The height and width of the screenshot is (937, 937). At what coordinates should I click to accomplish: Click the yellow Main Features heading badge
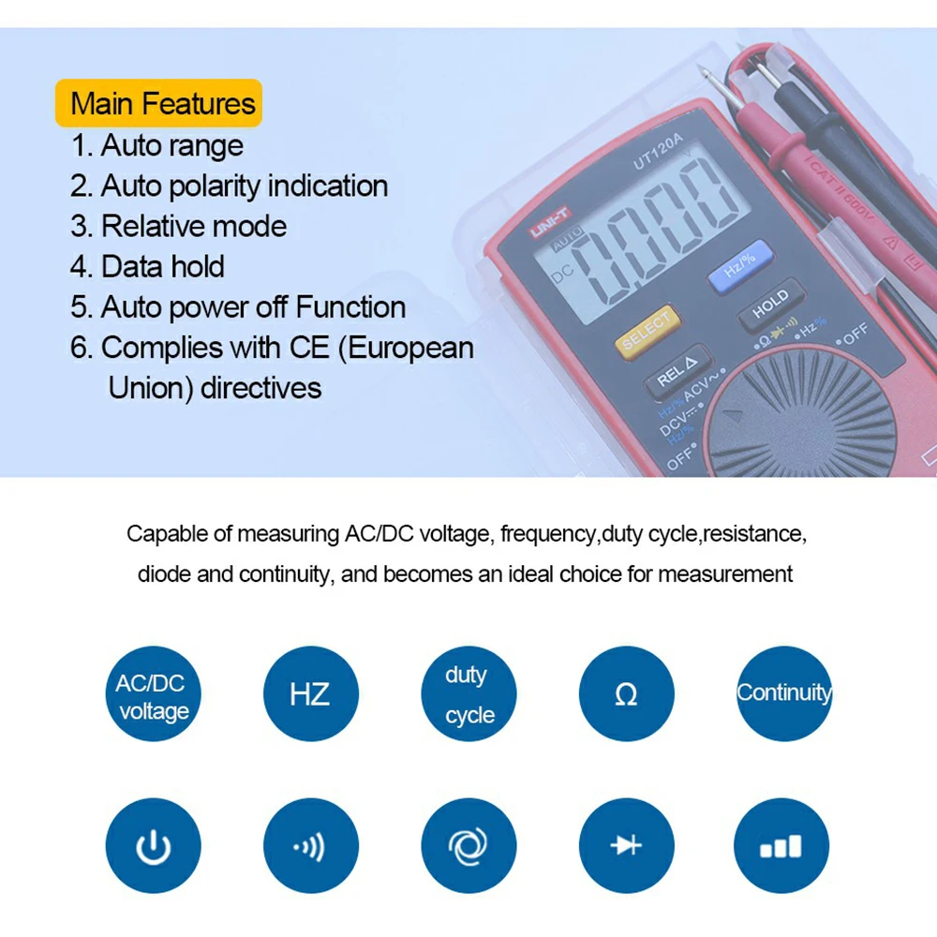pos(158,103)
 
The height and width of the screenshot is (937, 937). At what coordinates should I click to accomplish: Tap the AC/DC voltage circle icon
pos(154,693)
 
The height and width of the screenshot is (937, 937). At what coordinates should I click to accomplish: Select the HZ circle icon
pos(311,693)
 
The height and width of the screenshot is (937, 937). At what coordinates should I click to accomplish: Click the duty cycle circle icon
pos(468,693)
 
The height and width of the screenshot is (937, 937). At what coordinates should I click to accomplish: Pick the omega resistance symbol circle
pos(626,693)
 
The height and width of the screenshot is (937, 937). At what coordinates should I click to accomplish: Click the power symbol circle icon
pos(154,845)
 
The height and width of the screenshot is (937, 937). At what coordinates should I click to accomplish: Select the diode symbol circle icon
pos(626,845)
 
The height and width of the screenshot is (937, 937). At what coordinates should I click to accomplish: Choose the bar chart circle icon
pos(781,845)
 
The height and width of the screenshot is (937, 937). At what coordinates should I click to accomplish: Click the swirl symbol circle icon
pos(468,845)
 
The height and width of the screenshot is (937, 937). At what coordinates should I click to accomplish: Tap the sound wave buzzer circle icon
pos(311,845)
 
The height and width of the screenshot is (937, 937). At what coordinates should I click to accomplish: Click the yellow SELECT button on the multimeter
pos(647,332)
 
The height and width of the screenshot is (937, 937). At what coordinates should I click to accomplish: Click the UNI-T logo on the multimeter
pos(550,222)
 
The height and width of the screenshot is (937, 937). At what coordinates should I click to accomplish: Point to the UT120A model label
pos(658,151)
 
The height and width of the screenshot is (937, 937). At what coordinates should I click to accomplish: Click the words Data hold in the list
pos(162,266)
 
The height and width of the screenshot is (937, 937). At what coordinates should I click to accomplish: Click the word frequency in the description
pos(548,534)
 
